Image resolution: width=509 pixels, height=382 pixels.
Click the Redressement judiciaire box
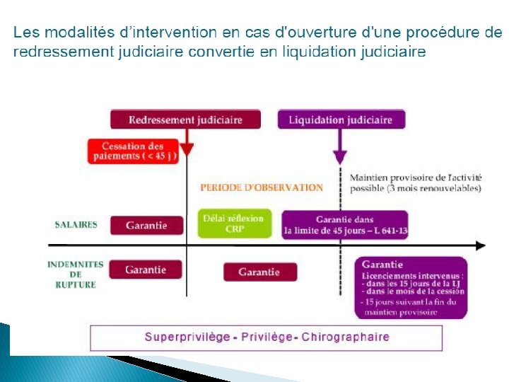coord(185,120)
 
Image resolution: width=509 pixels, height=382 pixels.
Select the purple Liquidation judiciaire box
coord(341,120)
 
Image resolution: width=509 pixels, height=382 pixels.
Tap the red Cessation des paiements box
coord(132,151)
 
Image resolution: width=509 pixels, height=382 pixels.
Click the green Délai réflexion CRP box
coord(233,224)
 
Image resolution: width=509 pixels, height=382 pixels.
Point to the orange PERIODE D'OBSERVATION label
coord(262,187)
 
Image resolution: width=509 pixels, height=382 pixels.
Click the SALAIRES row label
coord(76,225)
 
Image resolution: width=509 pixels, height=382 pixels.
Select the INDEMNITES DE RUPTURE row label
coord(76,274)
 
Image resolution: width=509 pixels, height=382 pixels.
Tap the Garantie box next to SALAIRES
coord(146,226)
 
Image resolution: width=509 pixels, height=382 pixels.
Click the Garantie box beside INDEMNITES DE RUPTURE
coord(146,270)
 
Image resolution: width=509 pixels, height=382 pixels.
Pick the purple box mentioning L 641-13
coord(345,225)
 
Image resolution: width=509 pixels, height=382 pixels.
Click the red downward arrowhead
coord(186,149)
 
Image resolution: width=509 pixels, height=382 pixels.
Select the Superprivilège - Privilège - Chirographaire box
coord(266,337)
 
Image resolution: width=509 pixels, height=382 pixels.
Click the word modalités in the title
coord(74,32)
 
